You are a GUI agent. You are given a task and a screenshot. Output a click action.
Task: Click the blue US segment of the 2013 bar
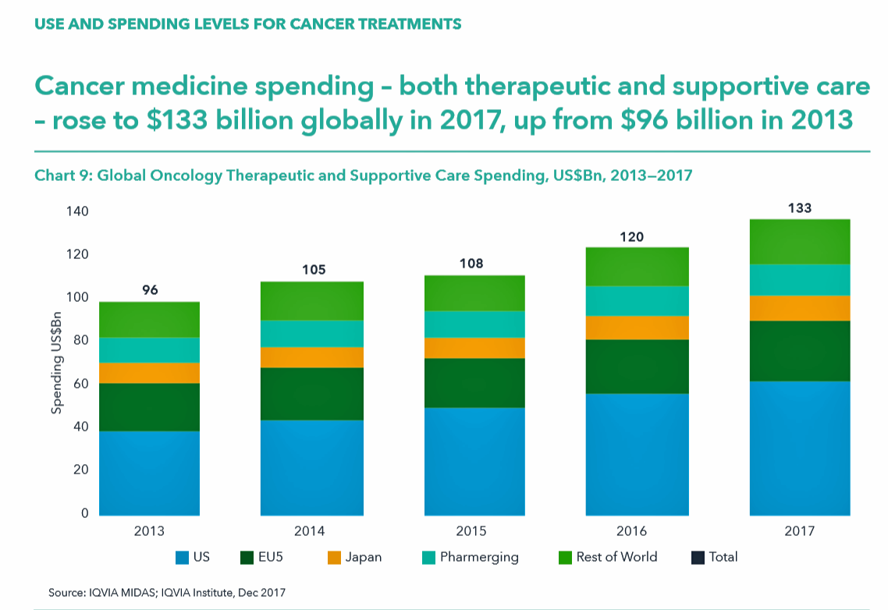click(x=149, y=473)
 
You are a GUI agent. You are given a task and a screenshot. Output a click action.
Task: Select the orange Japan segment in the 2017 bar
click(x=799, y=308)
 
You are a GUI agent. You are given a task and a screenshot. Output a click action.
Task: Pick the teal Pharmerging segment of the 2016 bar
click(x=637, y=301)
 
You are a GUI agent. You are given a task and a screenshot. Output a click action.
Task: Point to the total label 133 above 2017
click(x=800, y=208)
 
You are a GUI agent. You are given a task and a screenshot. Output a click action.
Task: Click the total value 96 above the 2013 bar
click(x=150, y=290)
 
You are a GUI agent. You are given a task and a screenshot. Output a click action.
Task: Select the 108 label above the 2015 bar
click(x=471, y=264)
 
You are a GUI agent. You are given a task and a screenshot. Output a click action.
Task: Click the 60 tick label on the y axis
click(x=82, y=384)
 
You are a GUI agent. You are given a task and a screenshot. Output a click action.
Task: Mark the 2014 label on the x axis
click(x=310, y=531)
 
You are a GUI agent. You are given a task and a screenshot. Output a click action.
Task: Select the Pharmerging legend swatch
click(x=428, y=558)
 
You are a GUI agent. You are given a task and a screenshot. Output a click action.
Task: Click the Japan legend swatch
click(x=334, y=558)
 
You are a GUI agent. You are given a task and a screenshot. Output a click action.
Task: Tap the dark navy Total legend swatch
click(x=697, y=558)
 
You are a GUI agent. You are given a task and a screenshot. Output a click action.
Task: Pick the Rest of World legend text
click(x=616, y=557)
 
